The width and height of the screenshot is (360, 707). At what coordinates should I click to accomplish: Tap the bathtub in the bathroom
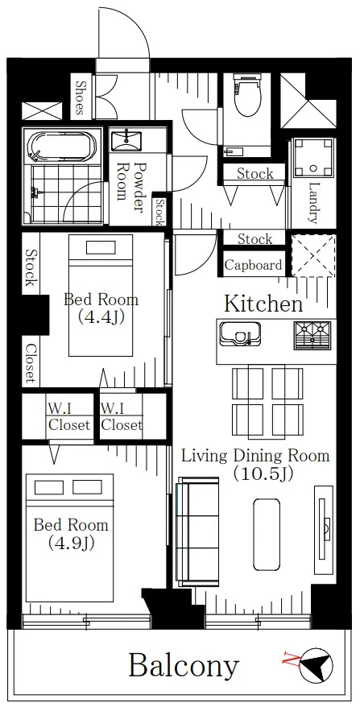pos(62,146)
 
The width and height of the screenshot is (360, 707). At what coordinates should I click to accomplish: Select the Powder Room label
pos(129,187)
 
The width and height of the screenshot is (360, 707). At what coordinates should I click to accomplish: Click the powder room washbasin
pos(126,140)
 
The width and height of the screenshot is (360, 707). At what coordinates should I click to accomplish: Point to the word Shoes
pos(81,98)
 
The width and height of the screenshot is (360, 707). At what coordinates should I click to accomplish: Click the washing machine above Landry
pos(312,157)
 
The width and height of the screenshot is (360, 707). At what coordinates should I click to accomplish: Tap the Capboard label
pos(254,265)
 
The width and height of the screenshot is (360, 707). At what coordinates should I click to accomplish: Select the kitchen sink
pos(240,333)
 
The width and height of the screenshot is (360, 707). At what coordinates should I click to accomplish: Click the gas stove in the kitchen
pos(312,335)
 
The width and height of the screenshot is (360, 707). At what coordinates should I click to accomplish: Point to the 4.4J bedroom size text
pos(101,317)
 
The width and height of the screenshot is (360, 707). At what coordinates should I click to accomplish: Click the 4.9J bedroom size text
pos(71,544)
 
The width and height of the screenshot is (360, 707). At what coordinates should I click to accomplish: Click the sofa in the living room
pos(197,532)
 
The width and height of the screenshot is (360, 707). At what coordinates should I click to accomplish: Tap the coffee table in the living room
pos(266,535)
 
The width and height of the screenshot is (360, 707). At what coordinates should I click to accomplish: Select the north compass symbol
pos(316,665)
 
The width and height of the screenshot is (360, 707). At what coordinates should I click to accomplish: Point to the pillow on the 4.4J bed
pos(101,247)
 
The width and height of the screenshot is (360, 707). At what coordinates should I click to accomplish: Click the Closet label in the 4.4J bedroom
pos(30,363)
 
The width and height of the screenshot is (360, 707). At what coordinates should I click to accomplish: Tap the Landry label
pos(312,203)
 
